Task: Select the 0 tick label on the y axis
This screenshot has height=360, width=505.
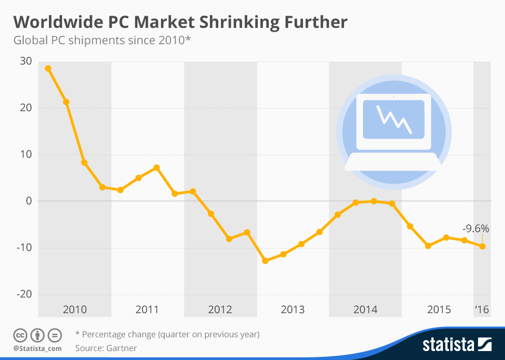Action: [x=28, y=201]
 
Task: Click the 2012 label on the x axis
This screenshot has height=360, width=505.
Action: [x=220, y=309]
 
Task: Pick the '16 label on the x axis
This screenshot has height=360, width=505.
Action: [x=482, y=309]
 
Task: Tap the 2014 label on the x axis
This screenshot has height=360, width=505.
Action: [x=365, y=309]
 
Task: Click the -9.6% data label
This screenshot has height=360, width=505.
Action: [x=476, y=229]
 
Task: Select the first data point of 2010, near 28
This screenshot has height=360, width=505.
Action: [x=48, y=68]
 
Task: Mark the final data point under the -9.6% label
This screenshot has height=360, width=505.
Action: [x=482, y=246]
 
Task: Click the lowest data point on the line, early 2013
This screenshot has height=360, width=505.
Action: [x=265, y=261]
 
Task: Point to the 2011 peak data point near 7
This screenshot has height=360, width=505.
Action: [x=156, y=168]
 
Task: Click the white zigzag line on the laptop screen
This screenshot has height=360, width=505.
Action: [x=393, y=119]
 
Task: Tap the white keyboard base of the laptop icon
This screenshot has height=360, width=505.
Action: [x=393, y=163]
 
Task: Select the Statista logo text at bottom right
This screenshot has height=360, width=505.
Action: [x=448, y=345]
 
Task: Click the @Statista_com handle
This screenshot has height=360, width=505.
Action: [x=37, y=348]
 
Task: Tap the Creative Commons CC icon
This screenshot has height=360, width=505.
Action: [x=19, y=335]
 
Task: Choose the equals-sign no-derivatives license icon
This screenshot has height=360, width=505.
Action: [x=55, y=335]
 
